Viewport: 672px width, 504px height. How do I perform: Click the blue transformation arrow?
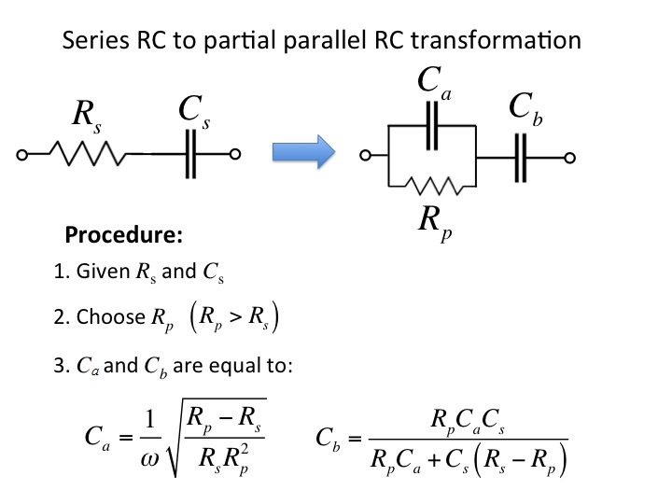coord(303,152)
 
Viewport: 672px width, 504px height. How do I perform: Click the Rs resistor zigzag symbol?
coord(88,153)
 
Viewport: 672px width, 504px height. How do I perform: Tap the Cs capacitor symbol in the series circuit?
coord(191,154)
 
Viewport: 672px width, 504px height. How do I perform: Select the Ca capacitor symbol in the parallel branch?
coord(432,126)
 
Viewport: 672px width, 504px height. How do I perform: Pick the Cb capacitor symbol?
coord(521,158)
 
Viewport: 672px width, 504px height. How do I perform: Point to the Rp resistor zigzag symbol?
coord(434,186)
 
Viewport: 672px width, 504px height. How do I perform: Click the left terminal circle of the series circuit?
coord(21,154)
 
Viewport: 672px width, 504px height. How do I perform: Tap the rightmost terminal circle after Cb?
coord(569,158)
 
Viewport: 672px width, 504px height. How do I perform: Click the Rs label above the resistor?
coord(87,116)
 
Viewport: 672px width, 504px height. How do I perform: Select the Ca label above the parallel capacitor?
coord(434,83)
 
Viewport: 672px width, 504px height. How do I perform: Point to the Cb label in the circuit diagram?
coord(525,108)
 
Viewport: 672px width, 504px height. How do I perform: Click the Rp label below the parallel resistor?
coord(435,223)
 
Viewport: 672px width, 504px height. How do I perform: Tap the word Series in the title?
coord(95,40)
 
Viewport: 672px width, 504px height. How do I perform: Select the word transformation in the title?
coord(496,40)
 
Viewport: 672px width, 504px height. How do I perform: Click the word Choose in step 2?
coord(111,316)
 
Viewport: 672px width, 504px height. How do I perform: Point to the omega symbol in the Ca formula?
coord(149,459)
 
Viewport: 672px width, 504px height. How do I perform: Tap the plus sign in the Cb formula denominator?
coord(434,460)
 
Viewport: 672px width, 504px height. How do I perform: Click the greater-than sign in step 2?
coord(235,316)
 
